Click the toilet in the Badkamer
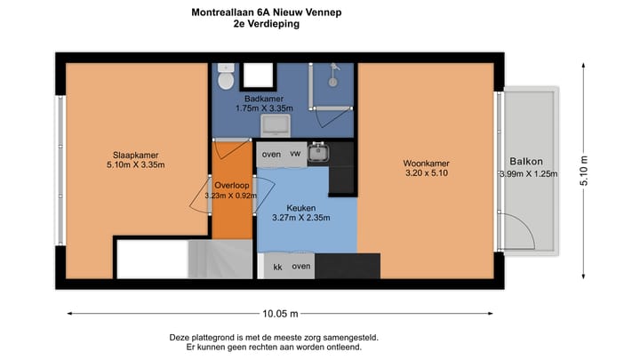coord(227,77)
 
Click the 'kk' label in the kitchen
coord(277,266)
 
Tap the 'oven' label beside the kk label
coord(301,266)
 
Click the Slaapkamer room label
coord(123,155)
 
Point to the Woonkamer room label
coord(426,164)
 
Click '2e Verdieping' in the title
coord(265,25)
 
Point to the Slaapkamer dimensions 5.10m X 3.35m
coord(123,164)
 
